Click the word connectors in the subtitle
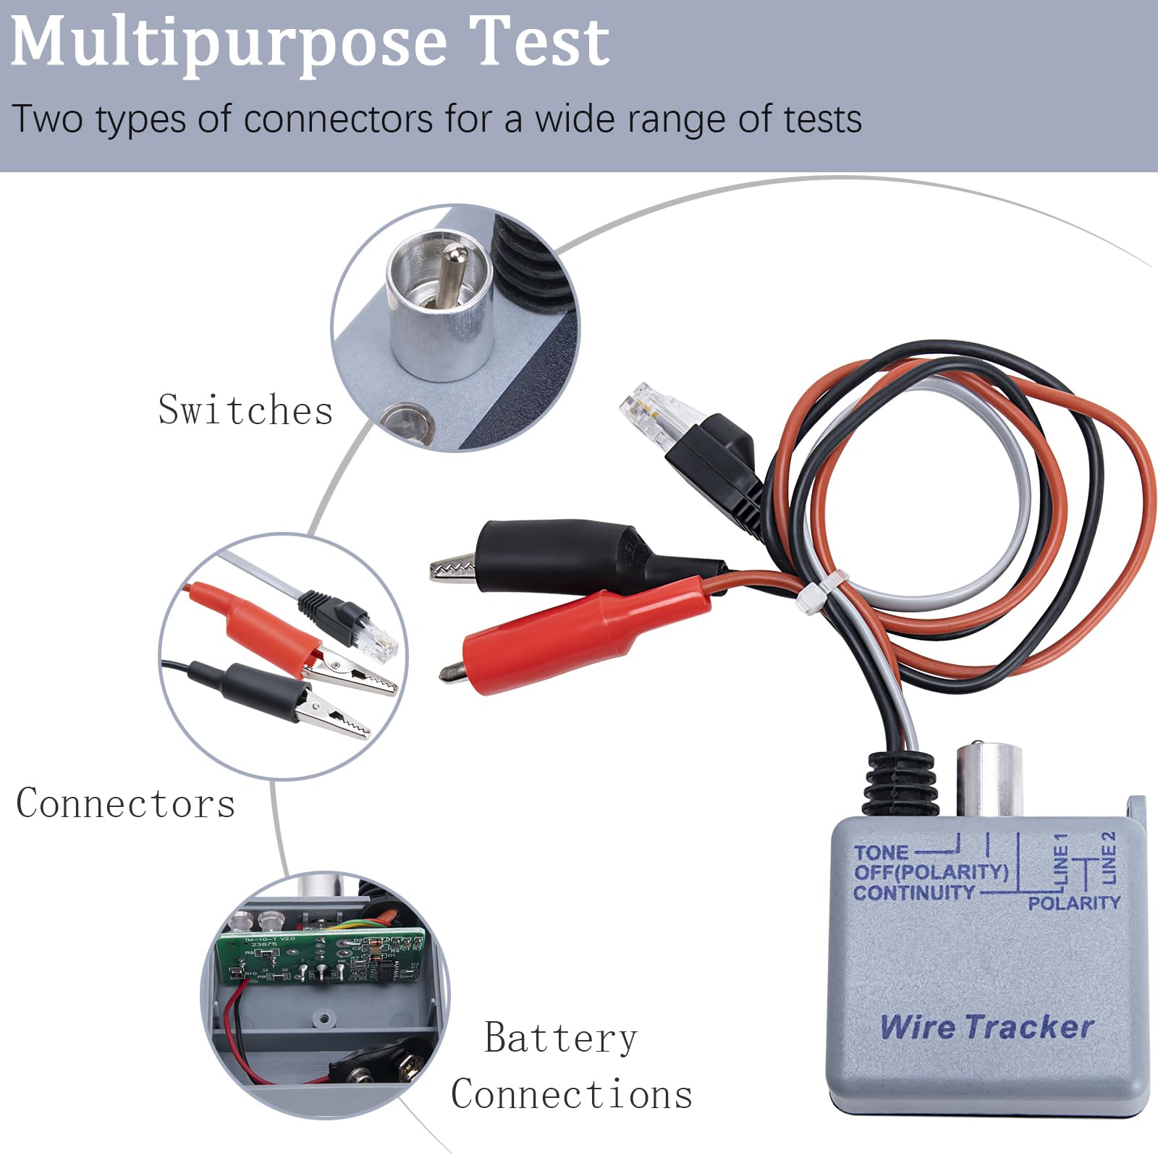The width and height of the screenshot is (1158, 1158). click(x=337, y=119)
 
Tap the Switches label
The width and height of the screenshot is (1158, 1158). click(x=245, y=410)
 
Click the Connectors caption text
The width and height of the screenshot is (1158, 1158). click(x=126, y=803)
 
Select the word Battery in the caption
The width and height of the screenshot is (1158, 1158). click(x=561, y=1039)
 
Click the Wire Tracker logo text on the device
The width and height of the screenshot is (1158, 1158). click(x=986, y=1027)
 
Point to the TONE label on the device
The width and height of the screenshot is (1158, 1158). click(x=881, y=853)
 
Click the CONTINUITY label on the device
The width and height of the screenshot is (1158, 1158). click(x=913, y=893)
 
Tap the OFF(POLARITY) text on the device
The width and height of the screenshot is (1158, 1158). click(x=931, y=872)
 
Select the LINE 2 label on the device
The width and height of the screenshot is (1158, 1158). click(x=1108, y=857)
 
